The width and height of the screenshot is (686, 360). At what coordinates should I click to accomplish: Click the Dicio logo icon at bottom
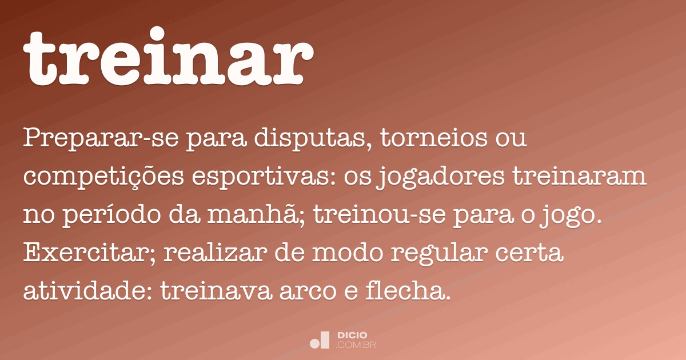point(320,340)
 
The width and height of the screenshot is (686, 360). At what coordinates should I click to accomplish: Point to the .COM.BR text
point(356,345)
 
